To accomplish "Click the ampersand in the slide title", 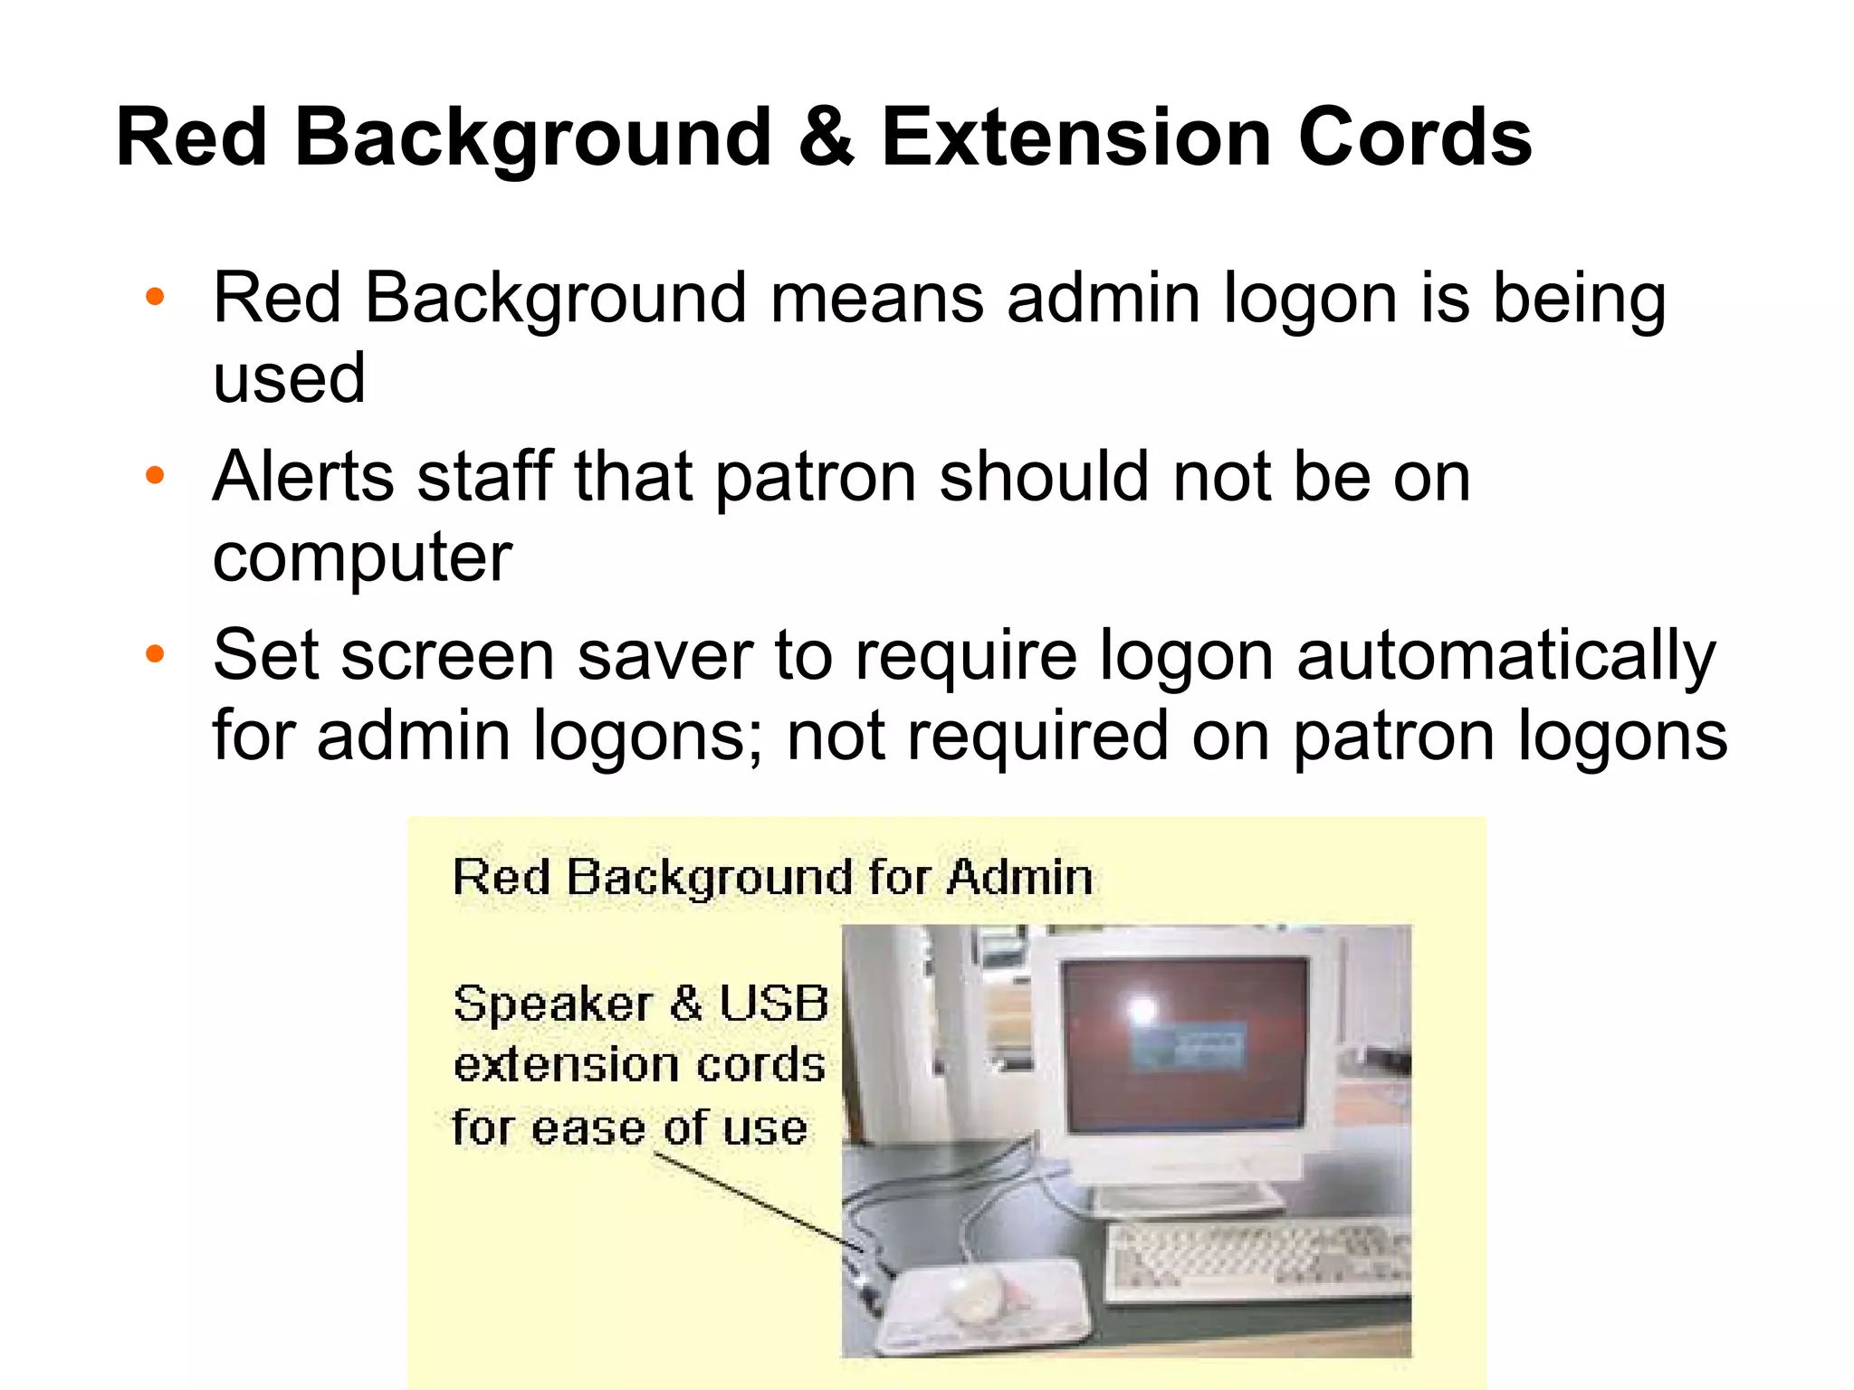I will click(x=827, y=138).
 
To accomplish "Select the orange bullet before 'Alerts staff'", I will click(x=156, y=475).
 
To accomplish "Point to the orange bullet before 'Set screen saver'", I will click(x=156, y=653).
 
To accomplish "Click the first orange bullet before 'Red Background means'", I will click(x=156, y=297).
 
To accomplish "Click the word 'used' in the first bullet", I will click(x=289, y=378).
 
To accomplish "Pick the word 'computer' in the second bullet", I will click(x=362, y=557).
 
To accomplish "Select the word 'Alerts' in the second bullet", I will click(x=304, y=476).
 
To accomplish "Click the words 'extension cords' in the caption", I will click(x=639, y=1065).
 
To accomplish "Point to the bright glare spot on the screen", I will click(x=1142, y=1009).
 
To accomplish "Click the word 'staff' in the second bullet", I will click(x=484, y=476).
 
